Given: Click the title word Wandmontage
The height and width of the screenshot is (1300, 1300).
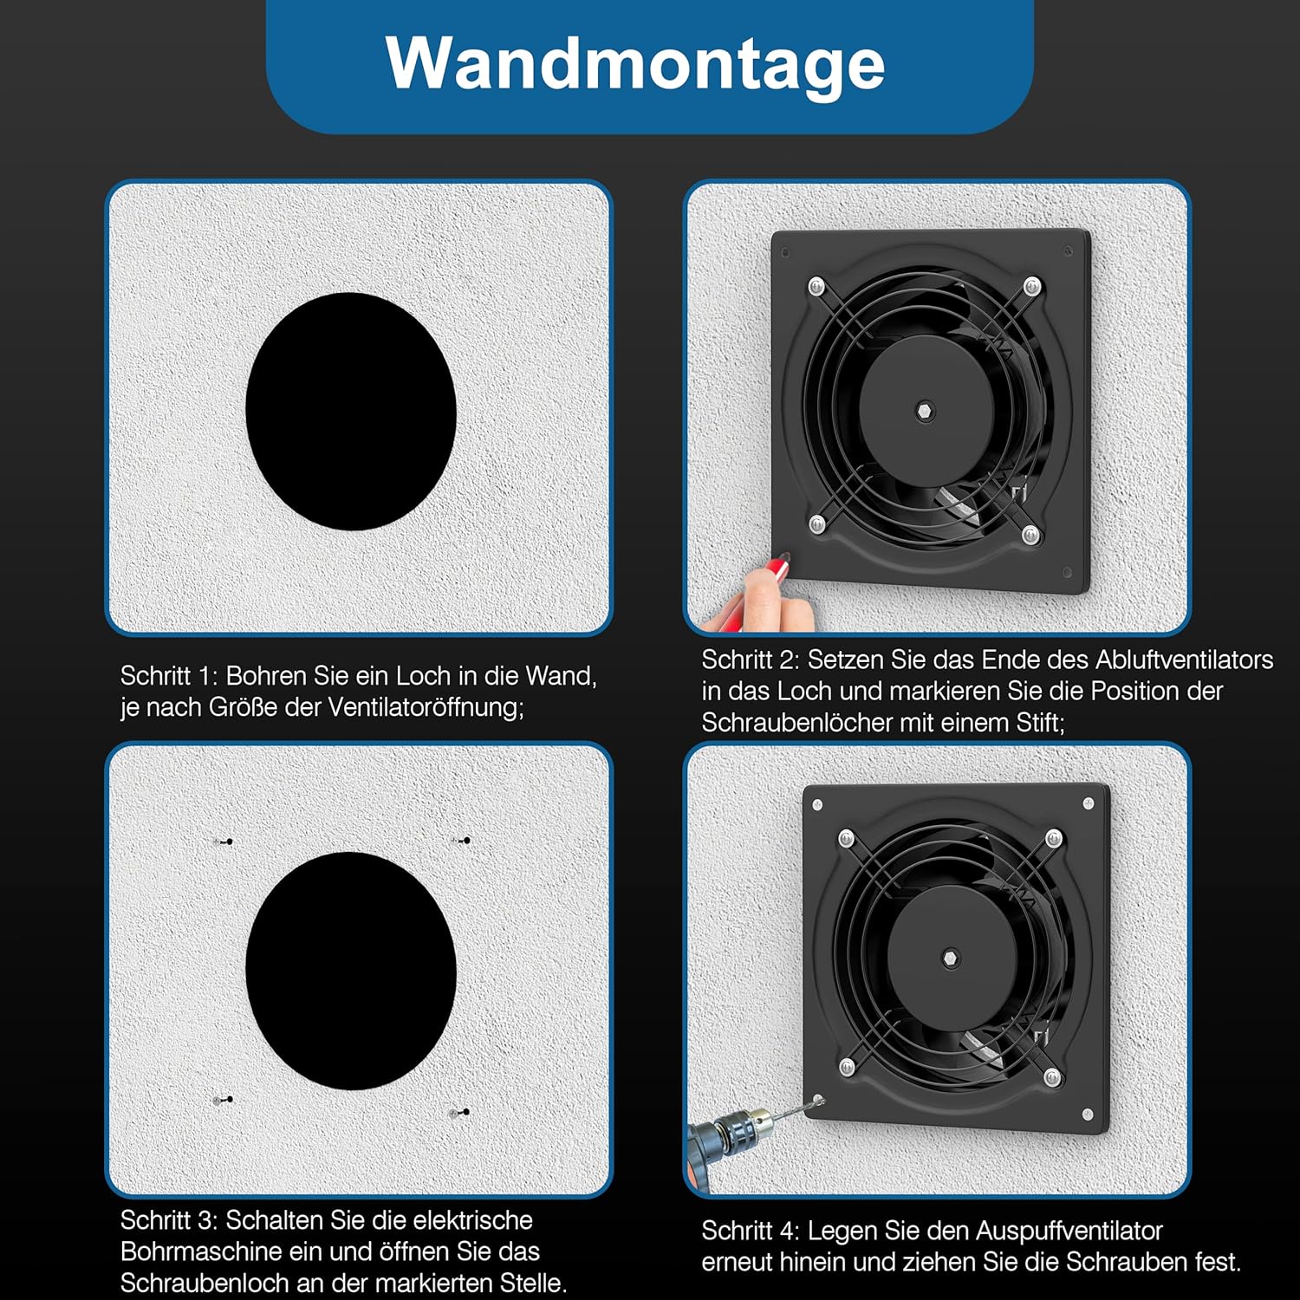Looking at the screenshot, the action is point(635,64).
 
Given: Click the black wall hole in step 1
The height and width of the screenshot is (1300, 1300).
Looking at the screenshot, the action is point(351,412).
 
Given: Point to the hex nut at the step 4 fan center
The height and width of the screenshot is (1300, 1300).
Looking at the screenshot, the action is point(951,959).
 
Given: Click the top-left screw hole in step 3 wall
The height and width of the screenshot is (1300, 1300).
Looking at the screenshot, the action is point(224,842).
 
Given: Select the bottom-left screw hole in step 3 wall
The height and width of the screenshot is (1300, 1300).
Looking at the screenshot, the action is point(224,1100).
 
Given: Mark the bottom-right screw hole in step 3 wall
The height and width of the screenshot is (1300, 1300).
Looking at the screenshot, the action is point(461,1112).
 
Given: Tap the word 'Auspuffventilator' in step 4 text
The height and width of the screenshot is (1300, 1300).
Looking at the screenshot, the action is point(1069,1231).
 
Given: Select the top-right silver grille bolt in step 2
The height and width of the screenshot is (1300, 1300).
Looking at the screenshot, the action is point(1032,285).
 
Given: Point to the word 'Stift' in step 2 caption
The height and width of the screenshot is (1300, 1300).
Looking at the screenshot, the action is point(1038,723).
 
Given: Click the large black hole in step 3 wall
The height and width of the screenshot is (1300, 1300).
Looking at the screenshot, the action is point(351,971).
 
